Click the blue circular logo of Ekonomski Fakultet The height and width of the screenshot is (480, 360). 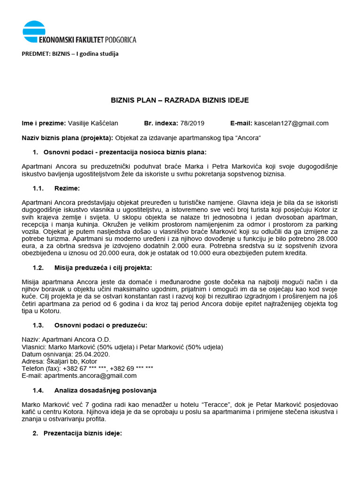click(x=34, y=32)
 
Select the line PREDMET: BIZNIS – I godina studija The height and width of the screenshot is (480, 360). click(x=70, y=53)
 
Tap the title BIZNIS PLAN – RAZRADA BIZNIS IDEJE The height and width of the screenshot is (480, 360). click(x=180, y=100)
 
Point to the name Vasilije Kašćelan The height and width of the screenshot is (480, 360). click(x=93, y=123)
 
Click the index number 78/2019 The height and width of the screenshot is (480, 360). click(x=192, y=123)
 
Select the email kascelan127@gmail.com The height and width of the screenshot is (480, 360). click(x=291, y=123)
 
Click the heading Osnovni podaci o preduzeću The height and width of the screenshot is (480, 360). click(x=98, y=325)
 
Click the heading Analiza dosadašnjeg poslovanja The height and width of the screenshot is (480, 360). click(x=105, y=390)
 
